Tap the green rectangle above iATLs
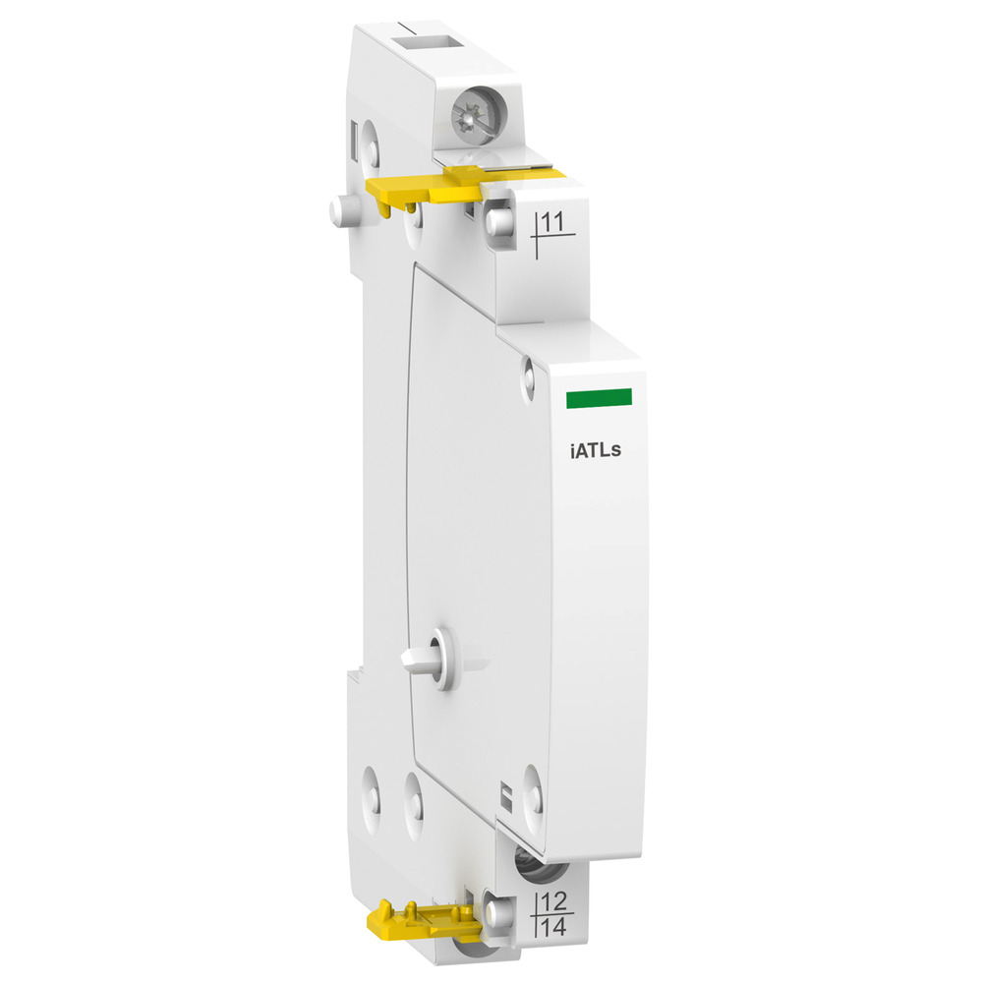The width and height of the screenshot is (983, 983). [x=598, y=397]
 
